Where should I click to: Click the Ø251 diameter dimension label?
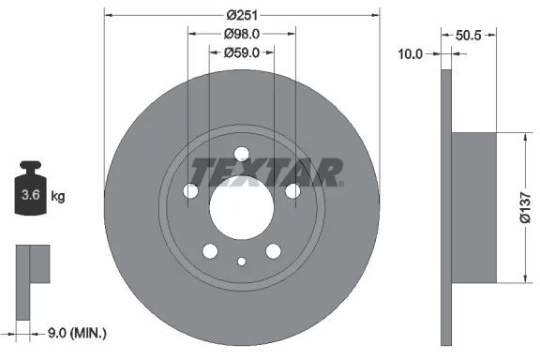[242, 16]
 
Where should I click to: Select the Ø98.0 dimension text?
[242, 34]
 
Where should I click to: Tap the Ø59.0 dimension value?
[242, 52]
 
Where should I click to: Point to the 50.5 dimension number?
[468, 35]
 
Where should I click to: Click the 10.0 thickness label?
[411, 54]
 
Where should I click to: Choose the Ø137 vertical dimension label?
[526, 208]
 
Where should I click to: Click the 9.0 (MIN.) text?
[77, 333]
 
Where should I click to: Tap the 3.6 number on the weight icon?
[31, 195]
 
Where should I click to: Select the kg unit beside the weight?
[58, 196]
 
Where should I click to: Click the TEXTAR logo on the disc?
[266, 172]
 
